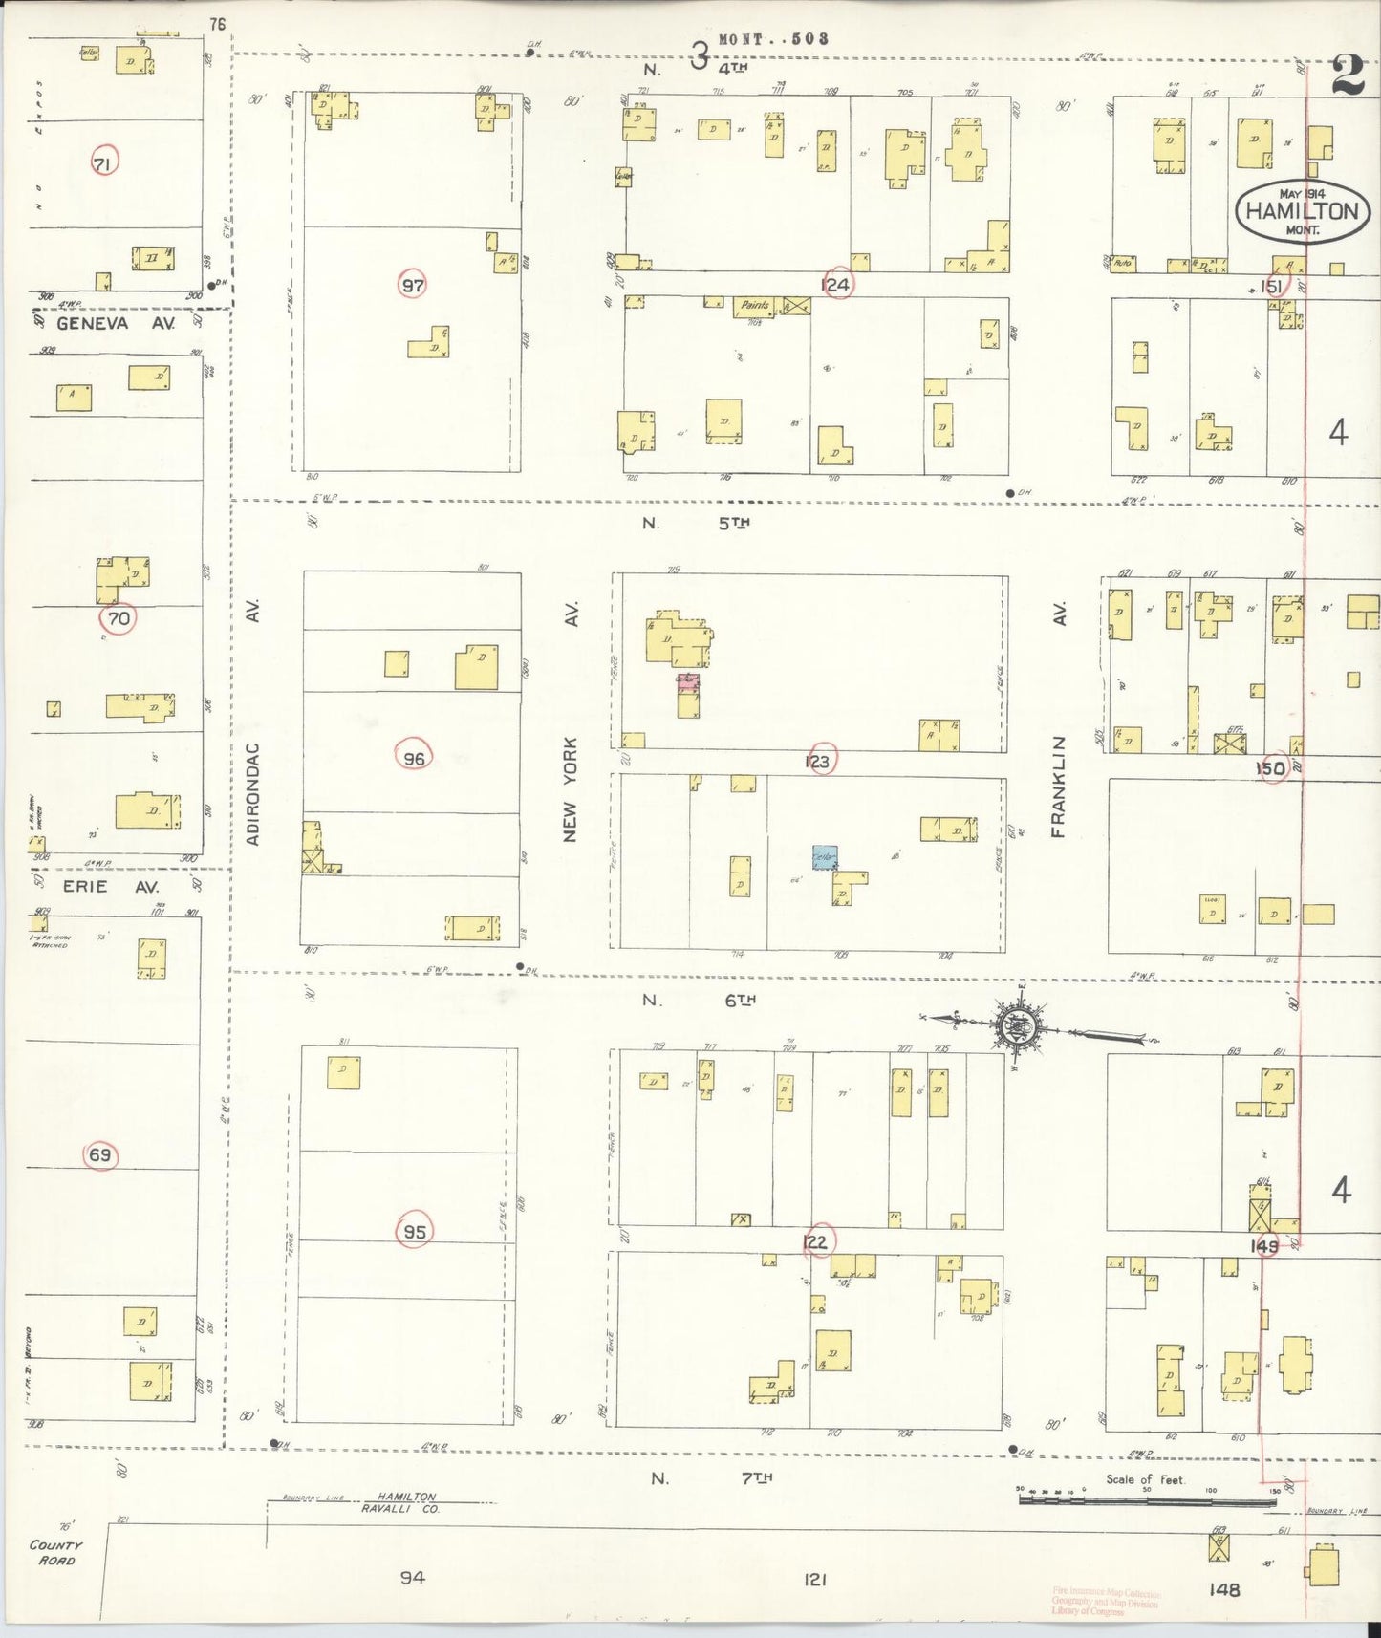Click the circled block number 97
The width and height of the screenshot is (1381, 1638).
pos(413,285)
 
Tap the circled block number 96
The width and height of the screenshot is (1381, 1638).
pos(414,759)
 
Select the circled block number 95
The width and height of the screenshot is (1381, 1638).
pos(414,1232)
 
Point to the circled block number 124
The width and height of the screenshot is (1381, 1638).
pos(836,284)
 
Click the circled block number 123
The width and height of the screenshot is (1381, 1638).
pos(818,762)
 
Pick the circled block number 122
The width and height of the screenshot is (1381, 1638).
pos(816,1241)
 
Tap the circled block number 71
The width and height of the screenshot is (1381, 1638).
pos(103,164)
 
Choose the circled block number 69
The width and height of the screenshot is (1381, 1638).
pos(100,1155)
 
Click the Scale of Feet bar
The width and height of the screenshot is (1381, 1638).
pos(1147,1499)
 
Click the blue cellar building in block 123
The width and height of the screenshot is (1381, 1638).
pos(825,857)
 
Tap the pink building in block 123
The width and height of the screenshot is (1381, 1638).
pos(688,682)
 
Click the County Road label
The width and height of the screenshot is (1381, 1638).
pos(55,1552)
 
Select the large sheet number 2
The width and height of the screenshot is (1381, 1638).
pos(1348,75)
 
